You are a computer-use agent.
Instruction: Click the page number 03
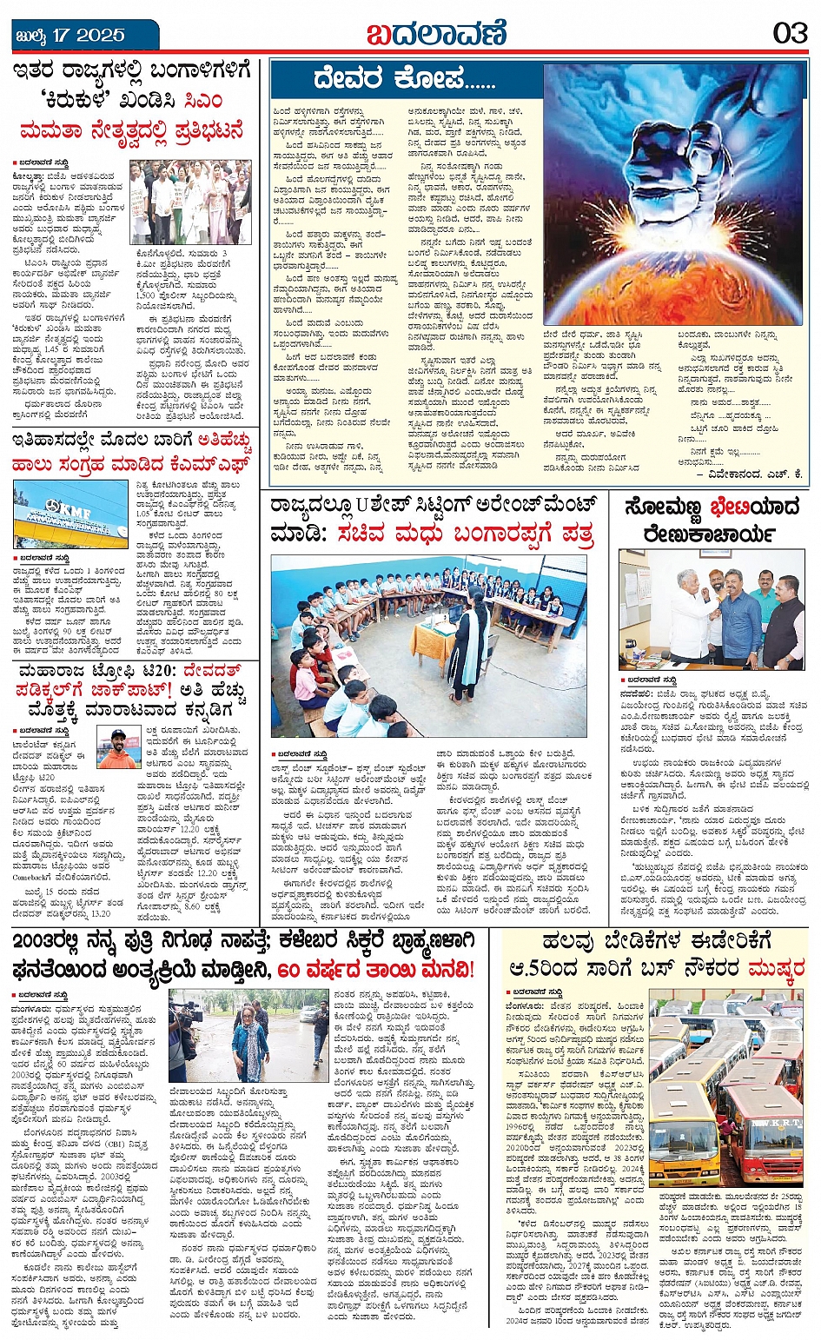(790, 33)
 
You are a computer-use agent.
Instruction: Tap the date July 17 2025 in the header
(71, 36)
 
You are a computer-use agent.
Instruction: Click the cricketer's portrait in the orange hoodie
(118, 748)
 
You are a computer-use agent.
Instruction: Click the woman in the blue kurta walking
(251, 1038)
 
